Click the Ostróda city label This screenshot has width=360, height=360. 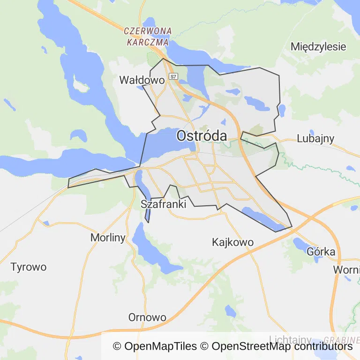click(x=202, y=136)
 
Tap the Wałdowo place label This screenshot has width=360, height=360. click(x=142, y=80)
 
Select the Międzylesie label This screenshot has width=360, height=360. click(x=318, y=46)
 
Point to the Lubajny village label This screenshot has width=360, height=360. click(x=315, y=138)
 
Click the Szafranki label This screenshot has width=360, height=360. click(x=164, y=204)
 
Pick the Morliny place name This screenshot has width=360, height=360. click(x=108, y=238)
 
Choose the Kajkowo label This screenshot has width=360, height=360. click(x=232, y=242)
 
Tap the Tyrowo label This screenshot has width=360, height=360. click(x=29, y=267)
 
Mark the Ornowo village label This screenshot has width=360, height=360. click(x=147, y=317)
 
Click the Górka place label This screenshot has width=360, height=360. click(x=321, y=252)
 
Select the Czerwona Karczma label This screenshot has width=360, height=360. click(x=147, y=36)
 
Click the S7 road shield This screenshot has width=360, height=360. click(x=173, y=76)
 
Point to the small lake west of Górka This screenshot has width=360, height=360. click(x=299, y=244)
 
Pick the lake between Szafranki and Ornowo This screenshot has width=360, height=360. click(x=150, y=248)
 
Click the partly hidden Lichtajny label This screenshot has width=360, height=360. click(x=290, y=339)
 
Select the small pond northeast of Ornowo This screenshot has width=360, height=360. click(x=230, y=311)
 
